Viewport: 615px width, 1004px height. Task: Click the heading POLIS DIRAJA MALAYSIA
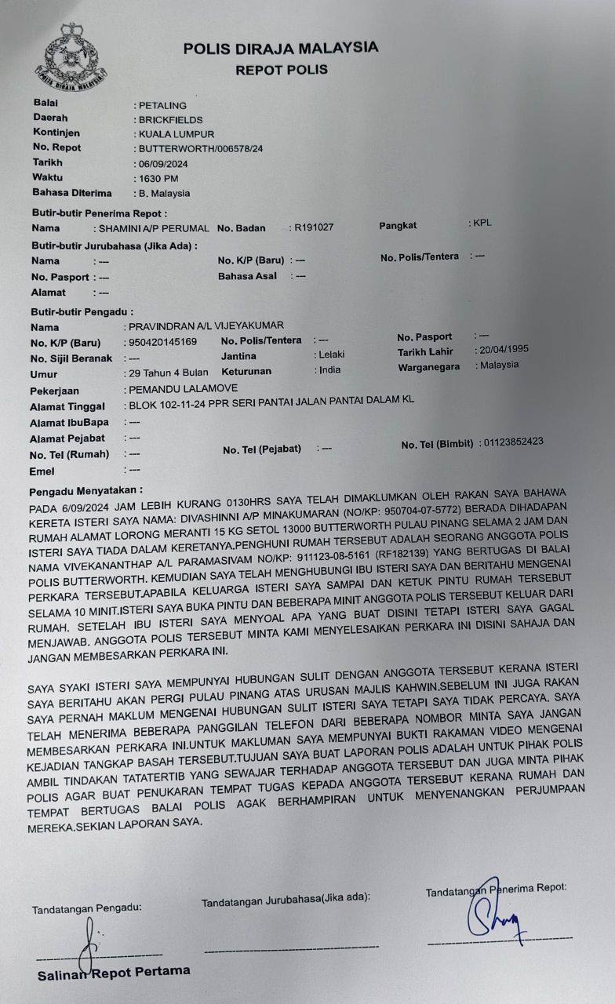coord(280,48)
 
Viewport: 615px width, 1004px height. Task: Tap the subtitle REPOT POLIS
coord(281,70)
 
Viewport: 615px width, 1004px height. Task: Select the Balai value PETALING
coord(162,105)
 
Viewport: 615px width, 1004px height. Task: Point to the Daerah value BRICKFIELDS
coord(170,120)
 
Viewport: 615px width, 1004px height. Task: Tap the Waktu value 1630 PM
coord(158,178)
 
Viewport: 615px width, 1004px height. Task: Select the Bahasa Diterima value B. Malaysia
coord(164,193)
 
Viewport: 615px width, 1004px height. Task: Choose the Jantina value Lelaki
coord(329,355)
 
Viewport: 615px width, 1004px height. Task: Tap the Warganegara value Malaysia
coord(500,365)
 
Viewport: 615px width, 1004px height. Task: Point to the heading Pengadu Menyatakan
coord(86,492)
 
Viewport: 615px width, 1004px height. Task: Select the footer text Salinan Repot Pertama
coord(114,972)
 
